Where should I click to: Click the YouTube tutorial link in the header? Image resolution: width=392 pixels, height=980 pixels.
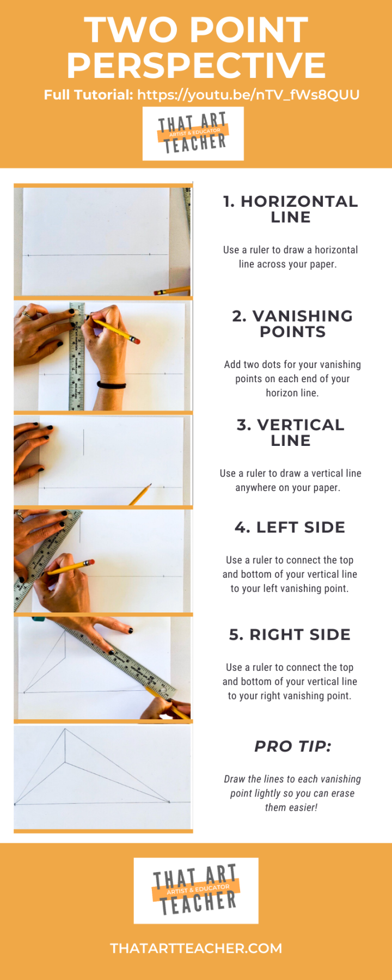pos(248,95)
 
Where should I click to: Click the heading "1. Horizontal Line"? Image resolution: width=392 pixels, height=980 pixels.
pos(291,209)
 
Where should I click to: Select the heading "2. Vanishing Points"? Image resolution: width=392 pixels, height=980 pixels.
pos(292,324)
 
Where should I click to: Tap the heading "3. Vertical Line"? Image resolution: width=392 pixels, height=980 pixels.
pos(291,433)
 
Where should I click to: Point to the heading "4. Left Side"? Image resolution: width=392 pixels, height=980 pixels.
pos(290,527)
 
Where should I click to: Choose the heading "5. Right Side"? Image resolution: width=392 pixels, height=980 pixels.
pos(290,634)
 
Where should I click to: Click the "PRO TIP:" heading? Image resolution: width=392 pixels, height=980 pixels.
pos(293,746)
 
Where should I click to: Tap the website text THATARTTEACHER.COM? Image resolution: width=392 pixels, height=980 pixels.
pos(196,948)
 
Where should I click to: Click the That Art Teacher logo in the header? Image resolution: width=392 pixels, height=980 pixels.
pos(193,134)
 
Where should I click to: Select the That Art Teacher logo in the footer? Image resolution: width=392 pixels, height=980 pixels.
pos(196,891)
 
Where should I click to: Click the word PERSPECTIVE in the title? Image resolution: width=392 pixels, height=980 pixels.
pos(196,65)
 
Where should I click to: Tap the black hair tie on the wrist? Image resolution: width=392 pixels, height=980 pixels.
pos(112,385)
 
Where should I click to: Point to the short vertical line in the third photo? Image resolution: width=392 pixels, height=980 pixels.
pos(83,442)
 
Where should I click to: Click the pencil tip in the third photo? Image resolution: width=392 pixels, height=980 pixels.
pos(150,485)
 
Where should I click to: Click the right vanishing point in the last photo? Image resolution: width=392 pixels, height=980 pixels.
pos(169,801)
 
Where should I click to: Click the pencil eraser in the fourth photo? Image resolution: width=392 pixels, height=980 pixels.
pos(91,562)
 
